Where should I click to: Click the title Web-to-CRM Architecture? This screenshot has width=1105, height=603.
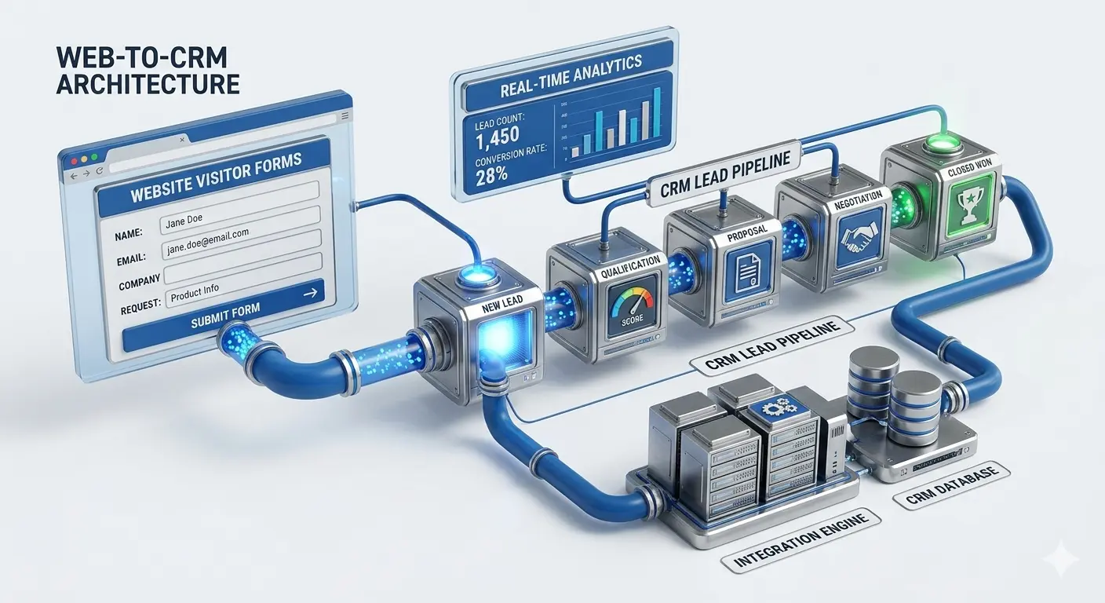coord(148,71)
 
